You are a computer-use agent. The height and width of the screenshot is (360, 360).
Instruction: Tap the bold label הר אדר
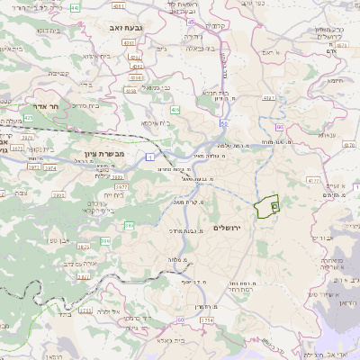42,104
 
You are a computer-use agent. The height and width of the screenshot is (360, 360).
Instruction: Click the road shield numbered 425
29,118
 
